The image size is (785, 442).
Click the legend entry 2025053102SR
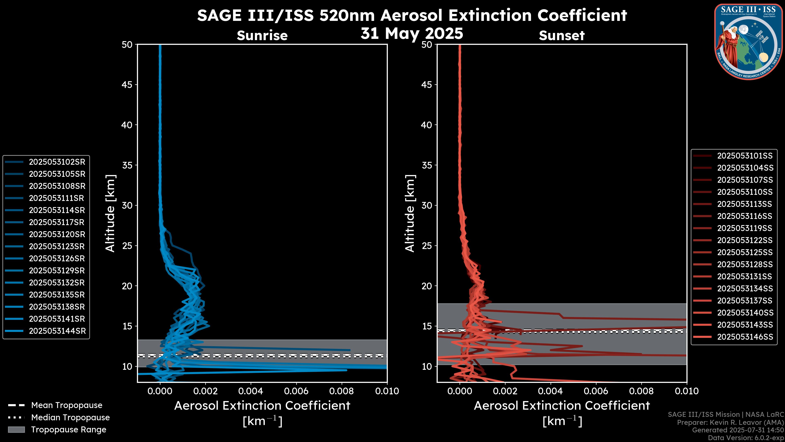tap(57, 162)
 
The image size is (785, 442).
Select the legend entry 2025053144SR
tap(57, 331)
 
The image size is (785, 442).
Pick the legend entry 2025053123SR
tap(57, 246)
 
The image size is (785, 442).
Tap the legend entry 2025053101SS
tap(745, 156)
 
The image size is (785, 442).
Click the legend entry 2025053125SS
tap(745, 253)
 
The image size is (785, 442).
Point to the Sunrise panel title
tap(262, 36)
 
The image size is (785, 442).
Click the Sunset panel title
tap(562, 36)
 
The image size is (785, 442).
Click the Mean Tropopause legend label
tap(67, 405)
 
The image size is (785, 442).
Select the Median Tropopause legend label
tap(70, 418)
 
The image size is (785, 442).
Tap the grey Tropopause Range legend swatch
tap(16, 430)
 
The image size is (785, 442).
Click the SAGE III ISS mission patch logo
tap(748, 42)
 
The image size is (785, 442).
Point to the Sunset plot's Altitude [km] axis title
tap(410, 213)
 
